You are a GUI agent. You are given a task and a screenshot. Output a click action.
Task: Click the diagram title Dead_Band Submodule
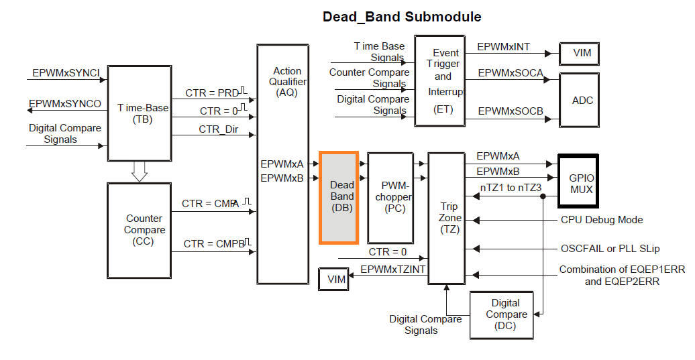tap(402, 17)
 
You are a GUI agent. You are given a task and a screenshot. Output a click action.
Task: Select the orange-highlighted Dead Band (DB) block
tap(342, 196)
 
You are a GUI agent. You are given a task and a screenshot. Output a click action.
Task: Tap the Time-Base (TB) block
tap(139, 113)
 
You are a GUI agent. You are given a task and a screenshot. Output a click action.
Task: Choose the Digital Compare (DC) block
tap(506, 314)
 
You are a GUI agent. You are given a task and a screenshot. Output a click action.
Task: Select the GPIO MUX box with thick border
tap(577, 182)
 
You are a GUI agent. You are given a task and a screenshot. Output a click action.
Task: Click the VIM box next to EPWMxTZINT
tap(335, 279)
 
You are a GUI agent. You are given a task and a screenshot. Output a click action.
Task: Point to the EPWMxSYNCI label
tap(66, 72)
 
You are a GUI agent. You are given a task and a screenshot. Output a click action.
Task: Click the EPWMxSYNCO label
tap(66, 104)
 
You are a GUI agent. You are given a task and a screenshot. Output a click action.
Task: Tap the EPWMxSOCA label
tap(509, 72)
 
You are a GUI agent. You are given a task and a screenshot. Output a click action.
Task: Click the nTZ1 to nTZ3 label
tap(511, 188)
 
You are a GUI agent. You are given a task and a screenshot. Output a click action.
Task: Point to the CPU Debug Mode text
tap(601, 219)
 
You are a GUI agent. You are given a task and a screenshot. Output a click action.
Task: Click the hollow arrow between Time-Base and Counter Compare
tap(139, 172)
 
